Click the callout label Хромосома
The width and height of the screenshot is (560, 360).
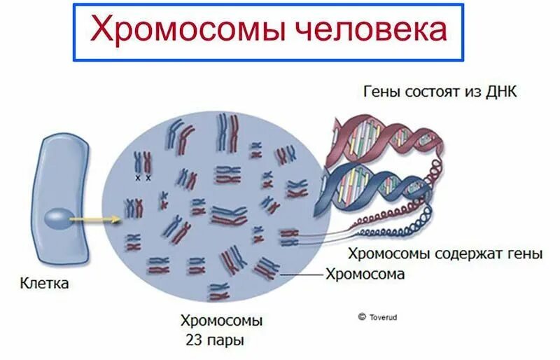click(365, 274)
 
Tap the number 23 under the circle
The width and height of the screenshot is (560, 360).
click(194, 341)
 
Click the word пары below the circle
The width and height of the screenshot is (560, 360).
click(230, 342)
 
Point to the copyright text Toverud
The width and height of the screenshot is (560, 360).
click(381, 317)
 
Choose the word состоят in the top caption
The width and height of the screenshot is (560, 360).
click(435, 92)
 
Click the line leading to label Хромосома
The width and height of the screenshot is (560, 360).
click(302, 275)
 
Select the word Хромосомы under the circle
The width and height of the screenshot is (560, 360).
click(221, 322)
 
